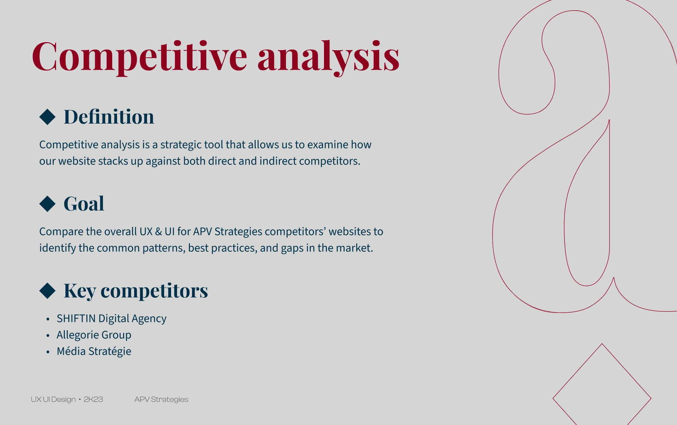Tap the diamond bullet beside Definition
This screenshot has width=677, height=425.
[47, 117]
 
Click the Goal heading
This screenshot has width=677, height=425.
[84, 204]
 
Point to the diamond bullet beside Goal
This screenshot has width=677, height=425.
[47, 204]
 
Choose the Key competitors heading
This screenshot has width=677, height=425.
[136, 291]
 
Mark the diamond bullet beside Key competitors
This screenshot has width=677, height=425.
[47, 291]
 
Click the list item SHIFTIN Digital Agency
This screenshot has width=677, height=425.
[112, 318]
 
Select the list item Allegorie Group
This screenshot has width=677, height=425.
[94, 335]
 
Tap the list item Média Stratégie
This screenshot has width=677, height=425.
[94, 351]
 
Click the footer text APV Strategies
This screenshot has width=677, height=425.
[161, 399]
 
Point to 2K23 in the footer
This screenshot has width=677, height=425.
[93, 399]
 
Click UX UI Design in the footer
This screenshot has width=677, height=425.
[53, 399]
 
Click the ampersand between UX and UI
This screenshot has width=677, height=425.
[158, 231]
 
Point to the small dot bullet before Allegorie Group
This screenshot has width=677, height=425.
[48, 335]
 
